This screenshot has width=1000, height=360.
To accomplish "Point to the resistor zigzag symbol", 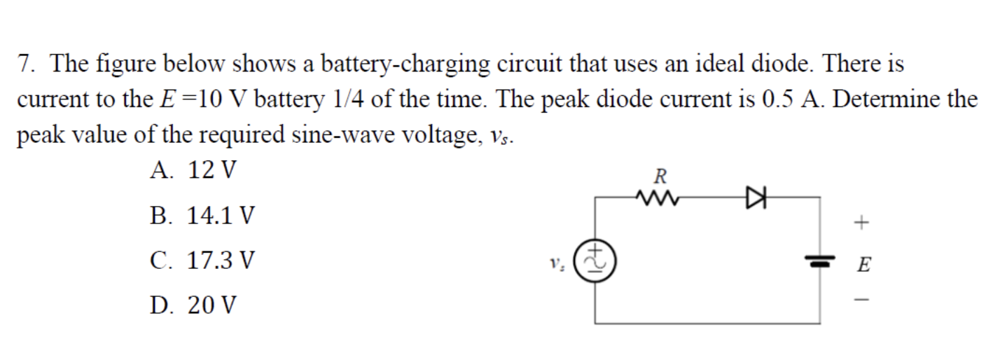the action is tap(658, 198).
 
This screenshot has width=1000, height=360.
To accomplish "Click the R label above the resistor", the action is tap(658, 175).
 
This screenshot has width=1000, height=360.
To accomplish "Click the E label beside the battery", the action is tap(864, 265).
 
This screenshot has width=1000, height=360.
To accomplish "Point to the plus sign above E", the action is tap(863, 223).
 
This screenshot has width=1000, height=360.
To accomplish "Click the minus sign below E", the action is tap(863, 302).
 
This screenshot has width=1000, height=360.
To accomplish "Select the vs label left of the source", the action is tap(556, 265).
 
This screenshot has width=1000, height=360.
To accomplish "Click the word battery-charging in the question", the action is tap(406, 64).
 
